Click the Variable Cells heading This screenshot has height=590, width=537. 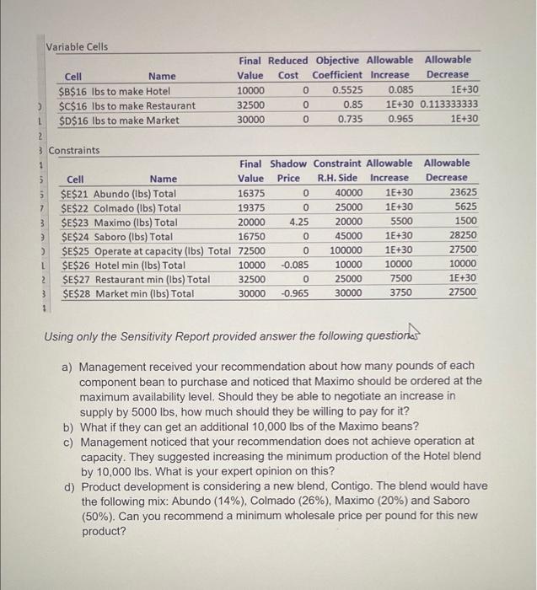pos(77,46)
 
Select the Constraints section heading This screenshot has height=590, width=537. pos(74,150)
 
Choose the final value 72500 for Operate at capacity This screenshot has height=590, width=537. pos(252,250)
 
